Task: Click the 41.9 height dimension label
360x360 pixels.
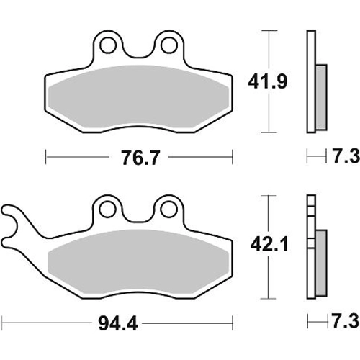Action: click(x=268, y=82)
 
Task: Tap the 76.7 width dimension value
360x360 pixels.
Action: click(x=140, y=158)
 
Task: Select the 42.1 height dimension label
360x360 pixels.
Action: click(x=269, y=245)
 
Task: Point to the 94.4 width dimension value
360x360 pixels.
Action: click(x=118, y=323)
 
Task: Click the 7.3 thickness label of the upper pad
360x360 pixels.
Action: click(x=346, y=156)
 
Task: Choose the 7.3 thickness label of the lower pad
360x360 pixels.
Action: click(x=346, y=321)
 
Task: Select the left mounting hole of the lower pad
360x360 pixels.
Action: click(x=107, y=210)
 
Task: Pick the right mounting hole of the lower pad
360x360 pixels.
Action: click(x=168, y=210)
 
